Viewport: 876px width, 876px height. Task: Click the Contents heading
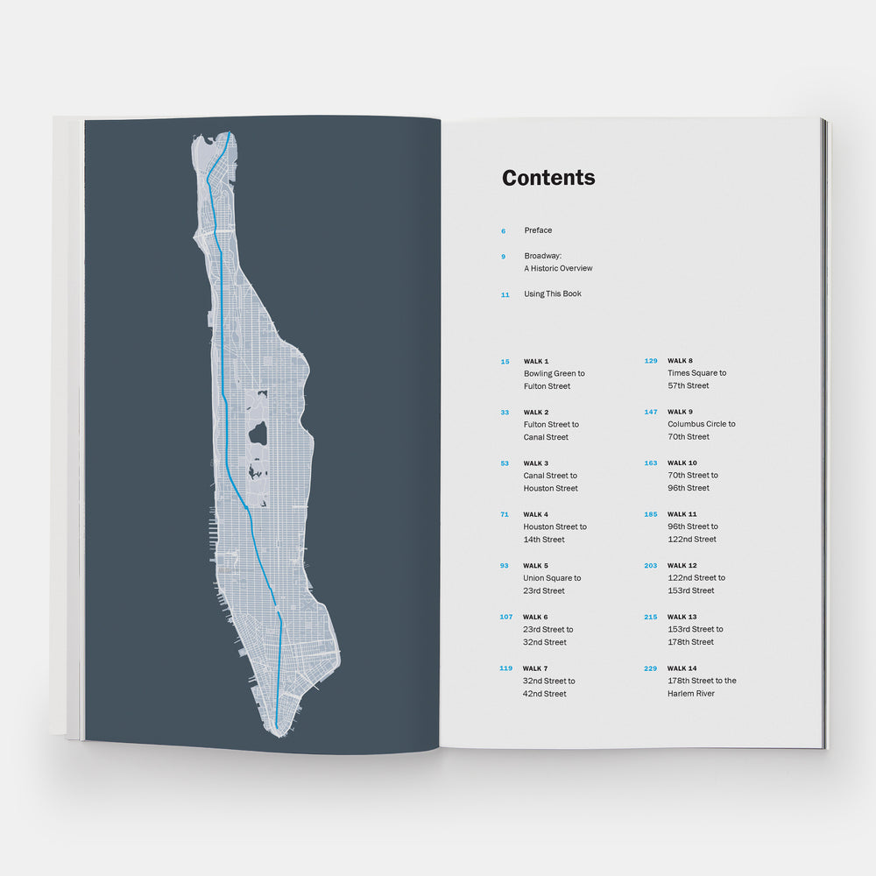pyautogui.click(x=548, y=178)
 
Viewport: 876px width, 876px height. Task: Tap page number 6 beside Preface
pyautogui.click(x=504, y=231)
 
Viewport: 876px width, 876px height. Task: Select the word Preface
pyautogui.click(x=538, y=230)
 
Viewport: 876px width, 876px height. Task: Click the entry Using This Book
pyautogui.click(x=553, y=294)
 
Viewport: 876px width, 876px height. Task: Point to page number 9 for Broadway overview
pyautogui.click(x=504, y=257)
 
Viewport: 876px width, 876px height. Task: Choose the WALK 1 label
pyautogui.click(x=536, y=361)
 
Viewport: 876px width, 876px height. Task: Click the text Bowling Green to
pyautogui.click(x=555, y=374)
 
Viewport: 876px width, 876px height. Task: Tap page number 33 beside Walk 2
pyautogui.click(x=505, y=412)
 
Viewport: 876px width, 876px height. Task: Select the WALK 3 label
pyautogui.click(x=536, y=463)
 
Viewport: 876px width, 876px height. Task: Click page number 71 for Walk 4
pyautogui.click(x=505, y=514)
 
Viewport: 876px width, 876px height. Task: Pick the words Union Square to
pyautogui.click(x=553, y=578)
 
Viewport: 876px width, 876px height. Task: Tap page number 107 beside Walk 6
pyautogui.click(x=506, y=617)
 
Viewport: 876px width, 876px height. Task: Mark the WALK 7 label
pyautogui.click(x=536, y=668)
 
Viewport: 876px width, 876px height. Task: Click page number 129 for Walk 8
pyautogui.click(x=651, y=361)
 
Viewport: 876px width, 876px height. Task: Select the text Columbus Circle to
pyautogui.click(x=702, y=424)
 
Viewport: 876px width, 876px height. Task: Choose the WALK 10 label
pyautogui.click(x=682, y=463)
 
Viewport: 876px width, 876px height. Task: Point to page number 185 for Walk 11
pyautogui.click(x=651, y=514)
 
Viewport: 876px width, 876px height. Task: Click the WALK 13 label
pyautogui.click(x=682, y=617)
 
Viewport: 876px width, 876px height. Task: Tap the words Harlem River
pyautogui.click(x=691, y=694)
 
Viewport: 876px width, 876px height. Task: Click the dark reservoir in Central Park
pyautogui.click(x=258, y=432)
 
